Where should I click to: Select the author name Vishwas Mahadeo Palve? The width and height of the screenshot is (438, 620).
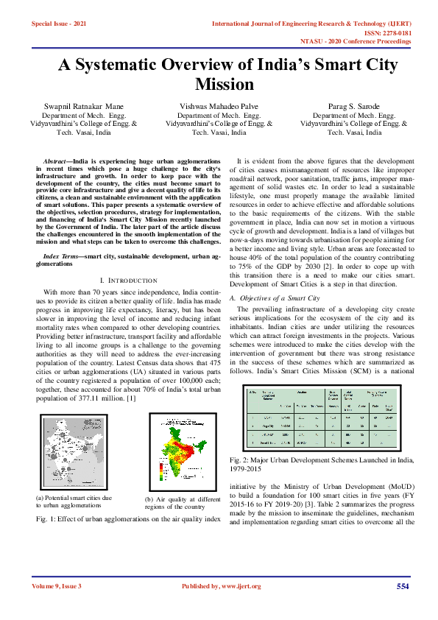[219, 107]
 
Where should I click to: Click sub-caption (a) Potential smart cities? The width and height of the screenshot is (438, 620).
[74, 501]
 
